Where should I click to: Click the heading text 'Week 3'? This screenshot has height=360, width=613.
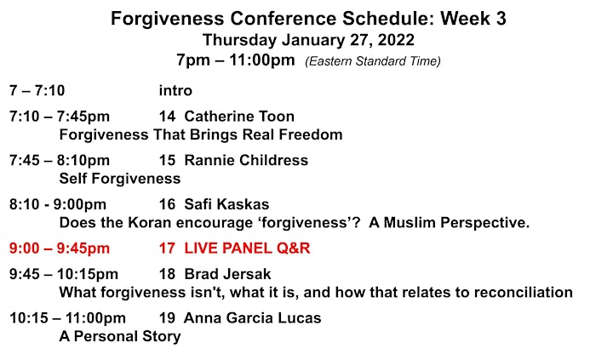click(473, 19)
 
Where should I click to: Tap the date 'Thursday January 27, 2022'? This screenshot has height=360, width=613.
click(308, 40)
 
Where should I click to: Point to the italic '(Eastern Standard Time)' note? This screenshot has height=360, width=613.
click(373, 61)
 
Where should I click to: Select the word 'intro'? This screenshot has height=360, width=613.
click(175, 91)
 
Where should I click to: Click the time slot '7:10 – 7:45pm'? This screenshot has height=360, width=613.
click(60, 117)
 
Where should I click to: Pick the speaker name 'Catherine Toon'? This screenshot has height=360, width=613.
click(239, 117)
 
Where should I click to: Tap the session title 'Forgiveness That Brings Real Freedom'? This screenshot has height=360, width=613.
click(201, 134)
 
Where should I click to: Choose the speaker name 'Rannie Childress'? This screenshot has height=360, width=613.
click(246, 160)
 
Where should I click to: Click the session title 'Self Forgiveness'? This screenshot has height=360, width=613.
click(120, 179)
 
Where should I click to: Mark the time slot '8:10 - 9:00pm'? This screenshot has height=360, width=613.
click(58, 204)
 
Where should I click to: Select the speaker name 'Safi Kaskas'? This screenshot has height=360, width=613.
click(226, 204)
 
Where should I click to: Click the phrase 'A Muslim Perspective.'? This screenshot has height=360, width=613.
click(450, 223)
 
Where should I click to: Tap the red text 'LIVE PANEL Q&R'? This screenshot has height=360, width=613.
click(247, 249)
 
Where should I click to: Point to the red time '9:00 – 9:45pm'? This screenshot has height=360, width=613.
click(60, 249)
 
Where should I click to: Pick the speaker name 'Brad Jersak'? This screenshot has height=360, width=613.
click(227, 274)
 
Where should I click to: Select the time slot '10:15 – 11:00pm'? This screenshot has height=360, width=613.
click(67, 318)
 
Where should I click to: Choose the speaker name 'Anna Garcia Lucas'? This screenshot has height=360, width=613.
click(253, 318)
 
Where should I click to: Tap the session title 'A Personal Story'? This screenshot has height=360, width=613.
click(120, 336)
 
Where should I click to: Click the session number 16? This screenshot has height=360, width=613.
click(167, 204)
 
